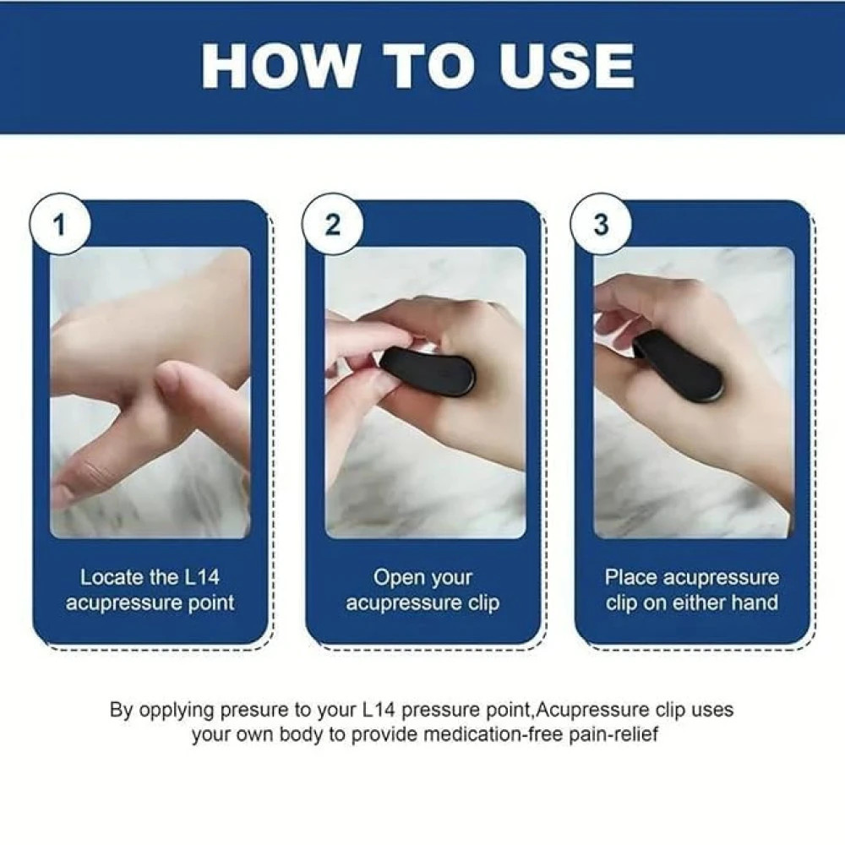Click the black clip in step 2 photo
[428, 373]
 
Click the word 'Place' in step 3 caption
[630, 578]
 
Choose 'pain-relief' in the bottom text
[617, 733]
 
